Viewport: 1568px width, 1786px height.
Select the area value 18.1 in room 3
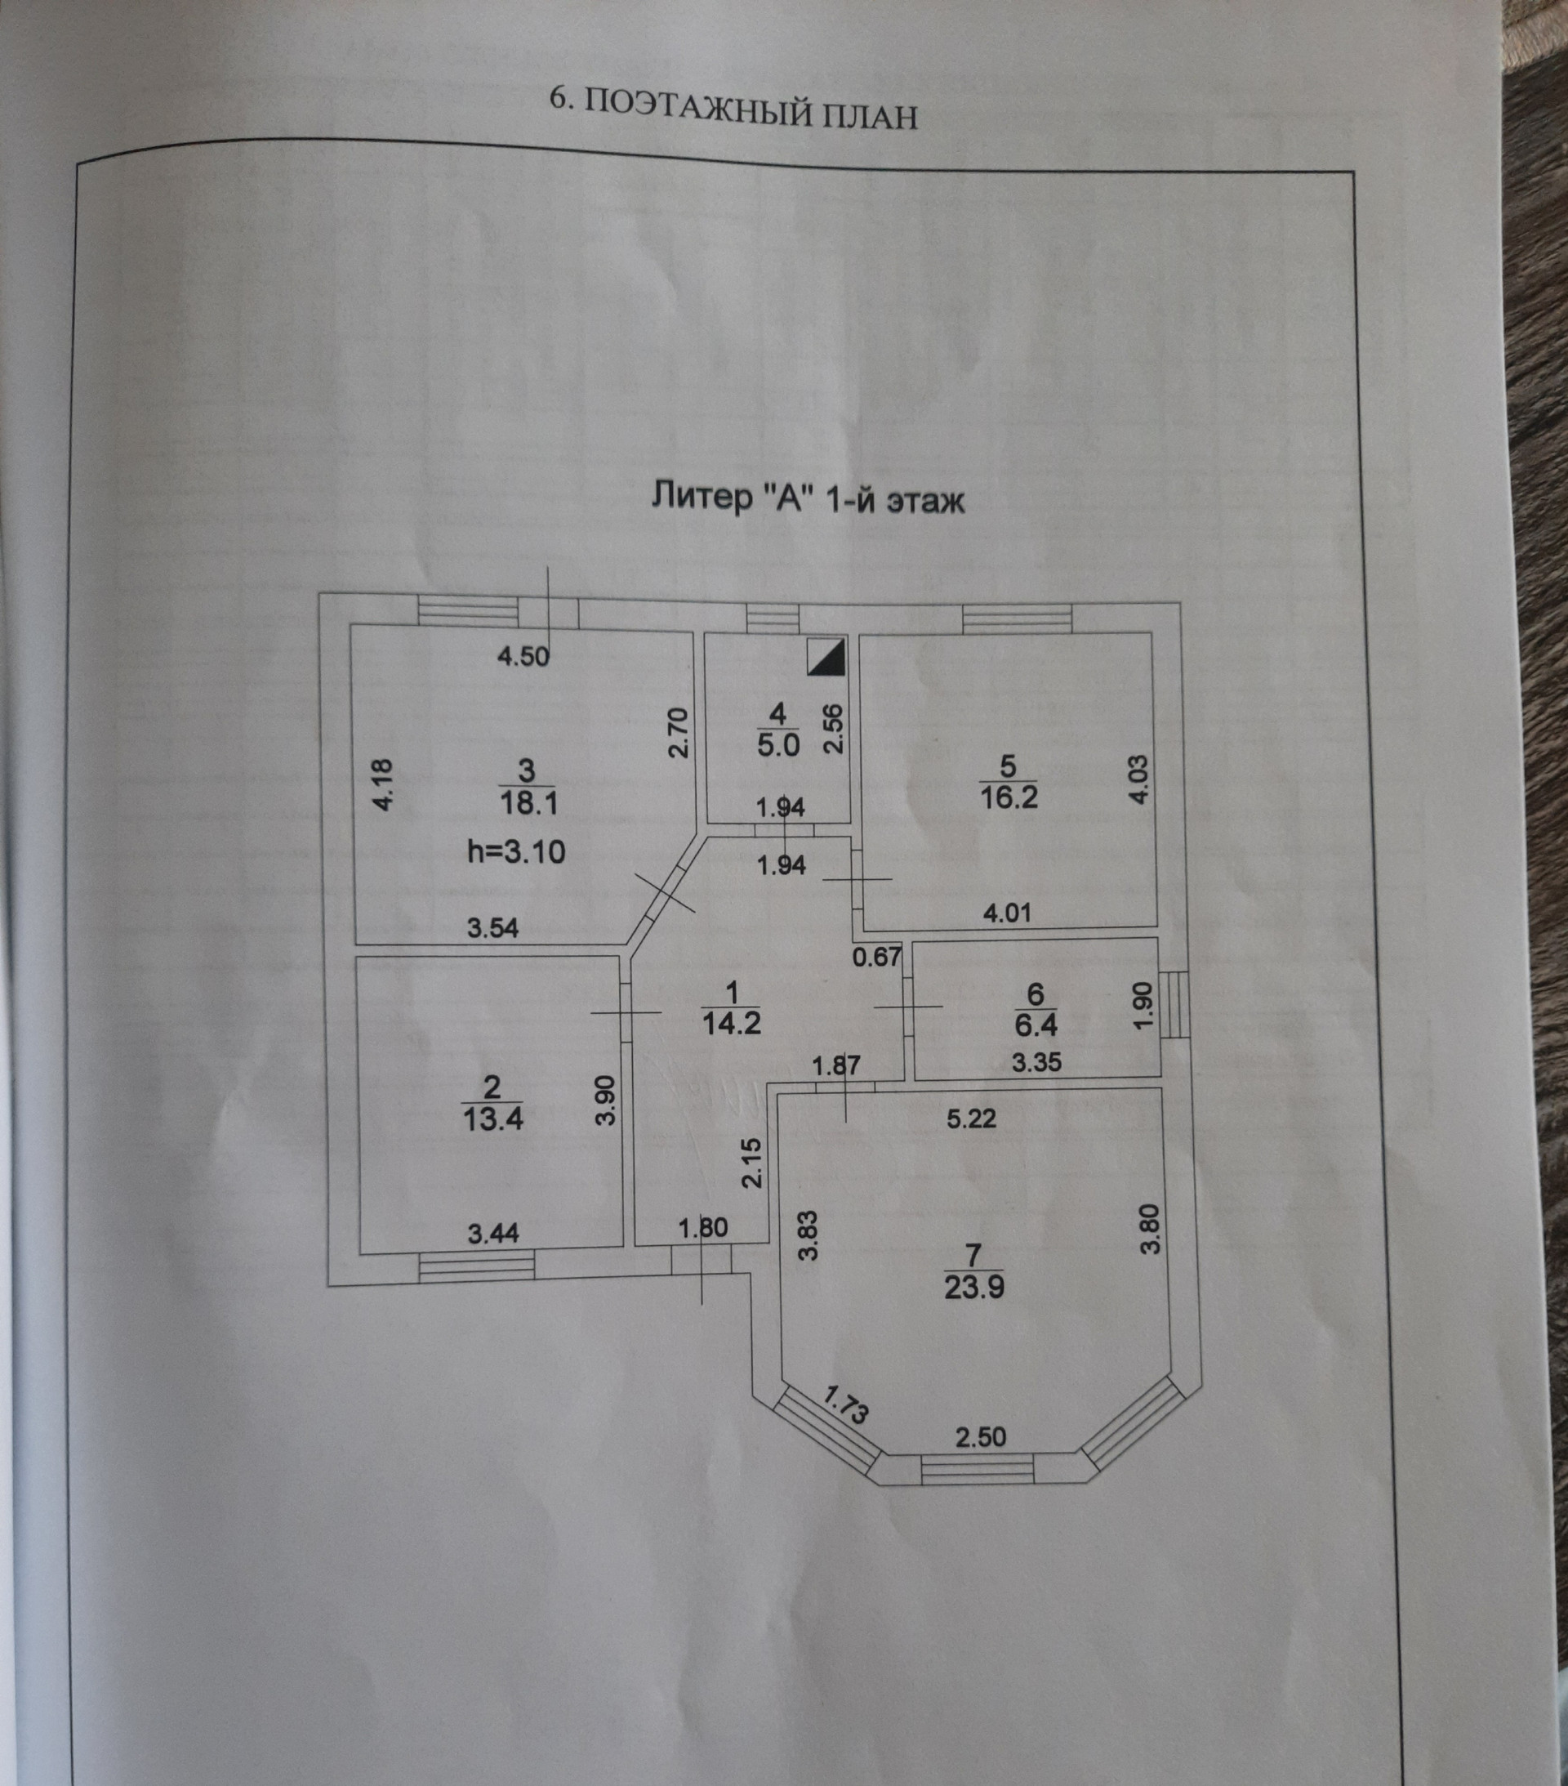[x=528, y=802]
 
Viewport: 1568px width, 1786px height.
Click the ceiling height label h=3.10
[x=516, y=851]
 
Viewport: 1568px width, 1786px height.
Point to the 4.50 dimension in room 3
[x=523, y=655]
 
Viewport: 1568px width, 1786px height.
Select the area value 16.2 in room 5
[x=1008, y=797]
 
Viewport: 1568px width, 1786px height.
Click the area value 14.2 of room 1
[x=732, y=1022]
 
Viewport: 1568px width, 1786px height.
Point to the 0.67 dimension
[x=876, y=957]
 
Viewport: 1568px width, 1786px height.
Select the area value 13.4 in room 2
[x=492, y=1119]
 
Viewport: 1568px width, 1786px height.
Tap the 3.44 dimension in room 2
[x=493, y=1233]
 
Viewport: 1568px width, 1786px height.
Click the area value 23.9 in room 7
[x=974, y=1287]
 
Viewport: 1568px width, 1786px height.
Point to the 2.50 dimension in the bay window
[x=980, y=1436]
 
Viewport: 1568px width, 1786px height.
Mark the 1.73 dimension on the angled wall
[x=845, y=1405]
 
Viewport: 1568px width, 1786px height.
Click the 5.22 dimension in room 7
[x=971, y=1118]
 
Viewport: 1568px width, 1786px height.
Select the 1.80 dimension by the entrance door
[x=702, y=1229]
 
